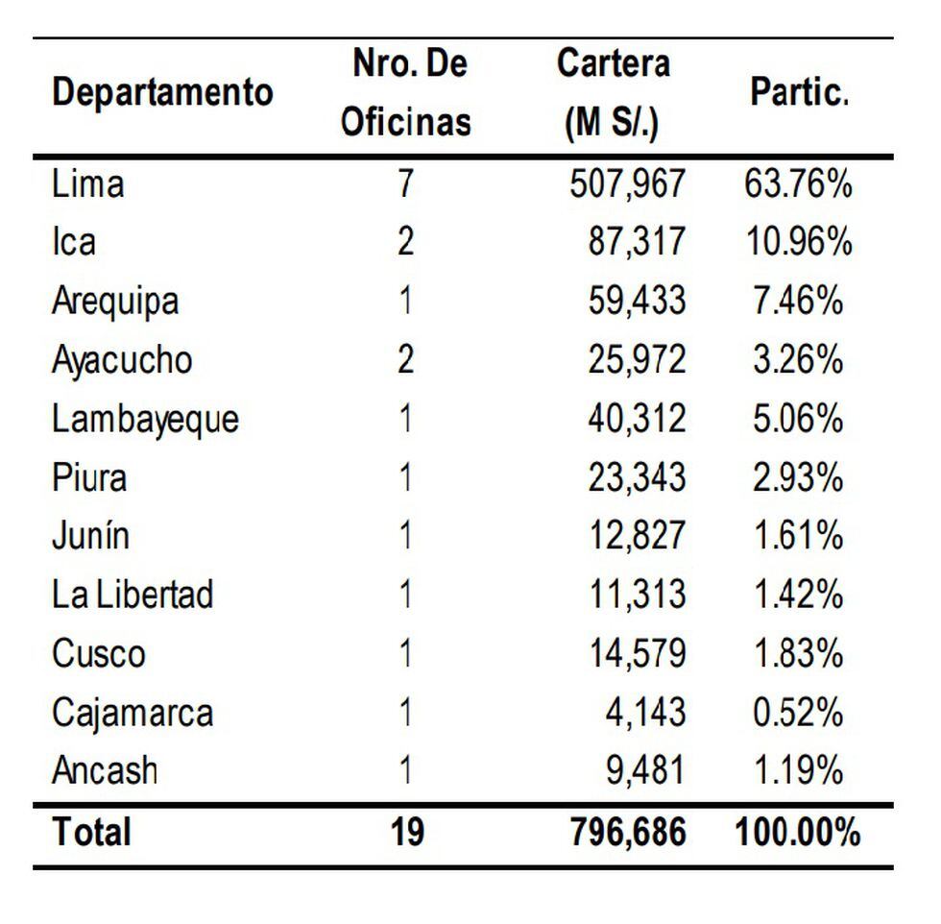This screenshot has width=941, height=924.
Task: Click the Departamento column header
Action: (162, 93)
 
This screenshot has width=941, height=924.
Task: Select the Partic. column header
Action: (799, 93)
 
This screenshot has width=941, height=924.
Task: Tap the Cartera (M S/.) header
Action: (613, 93)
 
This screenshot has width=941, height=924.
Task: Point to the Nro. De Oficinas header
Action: (407, 93)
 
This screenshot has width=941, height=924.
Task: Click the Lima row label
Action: (87, 182)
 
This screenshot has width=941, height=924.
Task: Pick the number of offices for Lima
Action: (406, 182)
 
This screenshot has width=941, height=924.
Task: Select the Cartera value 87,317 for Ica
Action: (637, 242)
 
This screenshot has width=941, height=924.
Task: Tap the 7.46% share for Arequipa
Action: (797, 301)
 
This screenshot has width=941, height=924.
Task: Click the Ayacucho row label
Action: (122, 360)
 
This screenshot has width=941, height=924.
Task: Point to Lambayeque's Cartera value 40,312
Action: (637, 419)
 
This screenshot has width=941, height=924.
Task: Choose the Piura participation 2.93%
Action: (797, 477)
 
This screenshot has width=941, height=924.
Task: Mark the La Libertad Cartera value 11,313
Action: (637, 595)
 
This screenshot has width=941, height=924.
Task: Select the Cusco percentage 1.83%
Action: (797, 653)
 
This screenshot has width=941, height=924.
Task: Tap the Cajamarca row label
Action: (132, 713)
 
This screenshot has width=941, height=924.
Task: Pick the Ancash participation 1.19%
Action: (797, 770)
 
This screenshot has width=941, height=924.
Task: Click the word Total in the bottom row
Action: (91, 832)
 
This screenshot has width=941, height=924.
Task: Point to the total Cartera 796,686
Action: (628, 832)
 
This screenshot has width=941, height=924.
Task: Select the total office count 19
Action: (407, 832)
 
